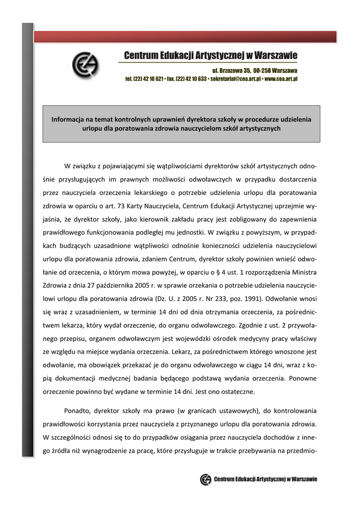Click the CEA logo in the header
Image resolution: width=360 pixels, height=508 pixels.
pos(85,66)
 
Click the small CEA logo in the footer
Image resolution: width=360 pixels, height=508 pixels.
pos(206,479)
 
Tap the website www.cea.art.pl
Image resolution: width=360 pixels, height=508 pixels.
pos(281,79)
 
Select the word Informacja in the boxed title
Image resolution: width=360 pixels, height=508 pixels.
pos(68,119)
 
